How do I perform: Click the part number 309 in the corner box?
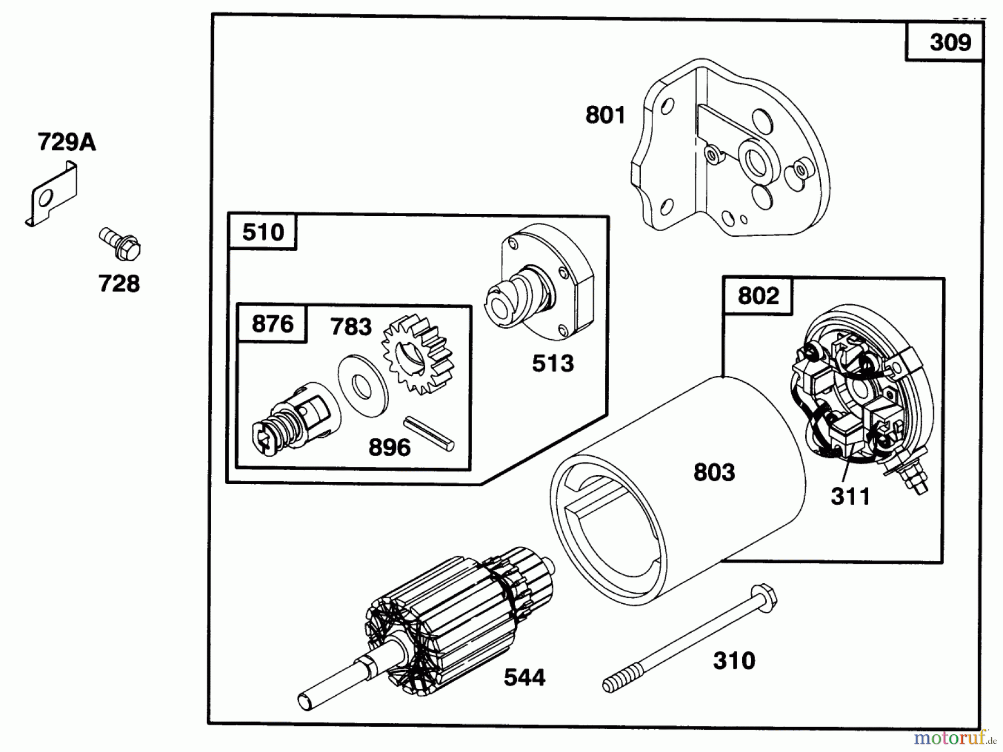950,43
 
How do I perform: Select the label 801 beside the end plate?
605,115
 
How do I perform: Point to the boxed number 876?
272,324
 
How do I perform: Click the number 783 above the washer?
350,327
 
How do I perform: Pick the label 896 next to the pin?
389,447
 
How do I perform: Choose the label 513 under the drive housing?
552,364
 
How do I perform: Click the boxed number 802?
758,296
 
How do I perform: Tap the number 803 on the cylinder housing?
714,472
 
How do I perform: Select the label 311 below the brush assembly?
850,496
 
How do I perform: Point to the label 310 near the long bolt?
734,661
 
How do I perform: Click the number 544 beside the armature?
524,678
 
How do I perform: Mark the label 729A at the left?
67,143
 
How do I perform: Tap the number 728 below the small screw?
119,284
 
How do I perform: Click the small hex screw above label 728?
121,245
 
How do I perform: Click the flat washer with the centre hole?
363,384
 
